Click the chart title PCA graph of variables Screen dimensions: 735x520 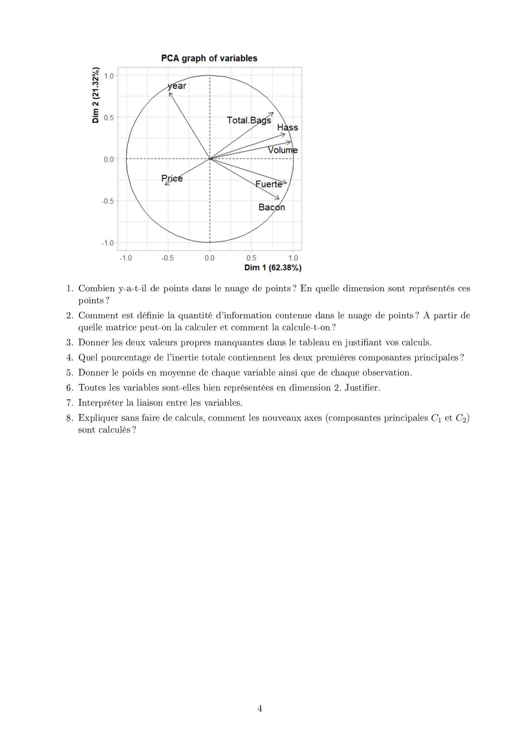pos(209,58)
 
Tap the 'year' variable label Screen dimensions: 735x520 pos(177,86)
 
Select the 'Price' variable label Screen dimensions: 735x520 pos(172,178)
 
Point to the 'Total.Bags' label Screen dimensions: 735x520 pos(249,120)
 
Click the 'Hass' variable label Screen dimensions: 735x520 pos(288,127)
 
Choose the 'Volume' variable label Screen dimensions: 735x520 pos(283,150)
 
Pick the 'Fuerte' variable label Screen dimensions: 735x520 pos(269,184)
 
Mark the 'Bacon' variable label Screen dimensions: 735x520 pos(272,207)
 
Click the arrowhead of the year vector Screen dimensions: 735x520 pos(169,93)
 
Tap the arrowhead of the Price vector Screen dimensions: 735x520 pos(165,185)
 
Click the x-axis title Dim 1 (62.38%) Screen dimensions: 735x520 pos(273,268)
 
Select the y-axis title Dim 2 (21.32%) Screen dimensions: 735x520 pos(96,95)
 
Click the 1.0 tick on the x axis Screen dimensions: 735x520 pos(293,258)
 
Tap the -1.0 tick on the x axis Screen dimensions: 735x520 pos(126,258)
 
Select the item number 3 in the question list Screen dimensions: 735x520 pos(70,343)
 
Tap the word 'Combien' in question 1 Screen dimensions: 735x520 pos(97,288)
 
